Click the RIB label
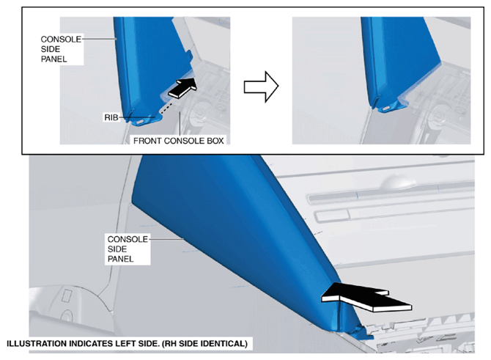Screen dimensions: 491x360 pos(111,117)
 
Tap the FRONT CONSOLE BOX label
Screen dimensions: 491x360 pos(179,141)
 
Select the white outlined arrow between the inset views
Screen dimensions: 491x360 pos(261,87)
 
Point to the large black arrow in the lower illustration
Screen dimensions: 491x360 pos(366,297)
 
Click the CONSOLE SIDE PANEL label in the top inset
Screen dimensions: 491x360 pos(61,49)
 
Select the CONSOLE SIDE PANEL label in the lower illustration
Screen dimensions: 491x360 pos(128,249)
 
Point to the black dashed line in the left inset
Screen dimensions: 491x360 pos(166,107)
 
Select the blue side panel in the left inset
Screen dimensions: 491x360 pos(147,62)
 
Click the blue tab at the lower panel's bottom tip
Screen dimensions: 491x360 pos(363,334)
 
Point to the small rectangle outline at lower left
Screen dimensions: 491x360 pos(67,295)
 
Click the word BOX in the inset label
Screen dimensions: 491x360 pos(215,141)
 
